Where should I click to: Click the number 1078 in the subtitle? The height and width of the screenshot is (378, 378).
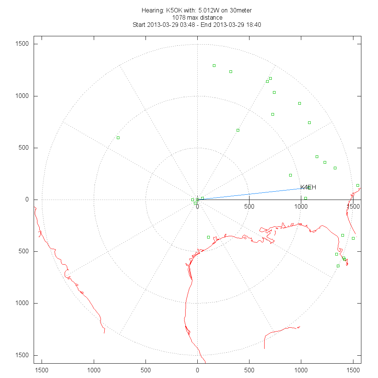point(178,17)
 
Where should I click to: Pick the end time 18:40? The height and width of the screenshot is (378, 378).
point(253,25)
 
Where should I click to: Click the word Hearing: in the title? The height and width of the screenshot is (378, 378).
point(153,10)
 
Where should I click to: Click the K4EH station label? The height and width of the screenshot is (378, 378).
point(308,187)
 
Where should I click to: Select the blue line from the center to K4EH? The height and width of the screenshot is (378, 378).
point(249,194)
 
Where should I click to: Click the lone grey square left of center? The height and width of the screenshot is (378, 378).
point(118,138)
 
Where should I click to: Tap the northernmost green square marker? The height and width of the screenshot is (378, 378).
point(214,65)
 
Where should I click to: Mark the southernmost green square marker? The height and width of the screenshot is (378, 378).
point(338,266)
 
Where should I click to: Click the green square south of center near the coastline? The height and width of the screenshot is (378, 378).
point(208,237)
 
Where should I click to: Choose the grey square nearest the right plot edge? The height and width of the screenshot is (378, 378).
point(358,185)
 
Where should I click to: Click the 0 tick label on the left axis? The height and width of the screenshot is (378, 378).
point(27,200)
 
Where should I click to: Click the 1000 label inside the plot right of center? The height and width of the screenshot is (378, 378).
point(301,206)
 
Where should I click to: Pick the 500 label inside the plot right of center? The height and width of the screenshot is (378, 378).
point(249,206)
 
